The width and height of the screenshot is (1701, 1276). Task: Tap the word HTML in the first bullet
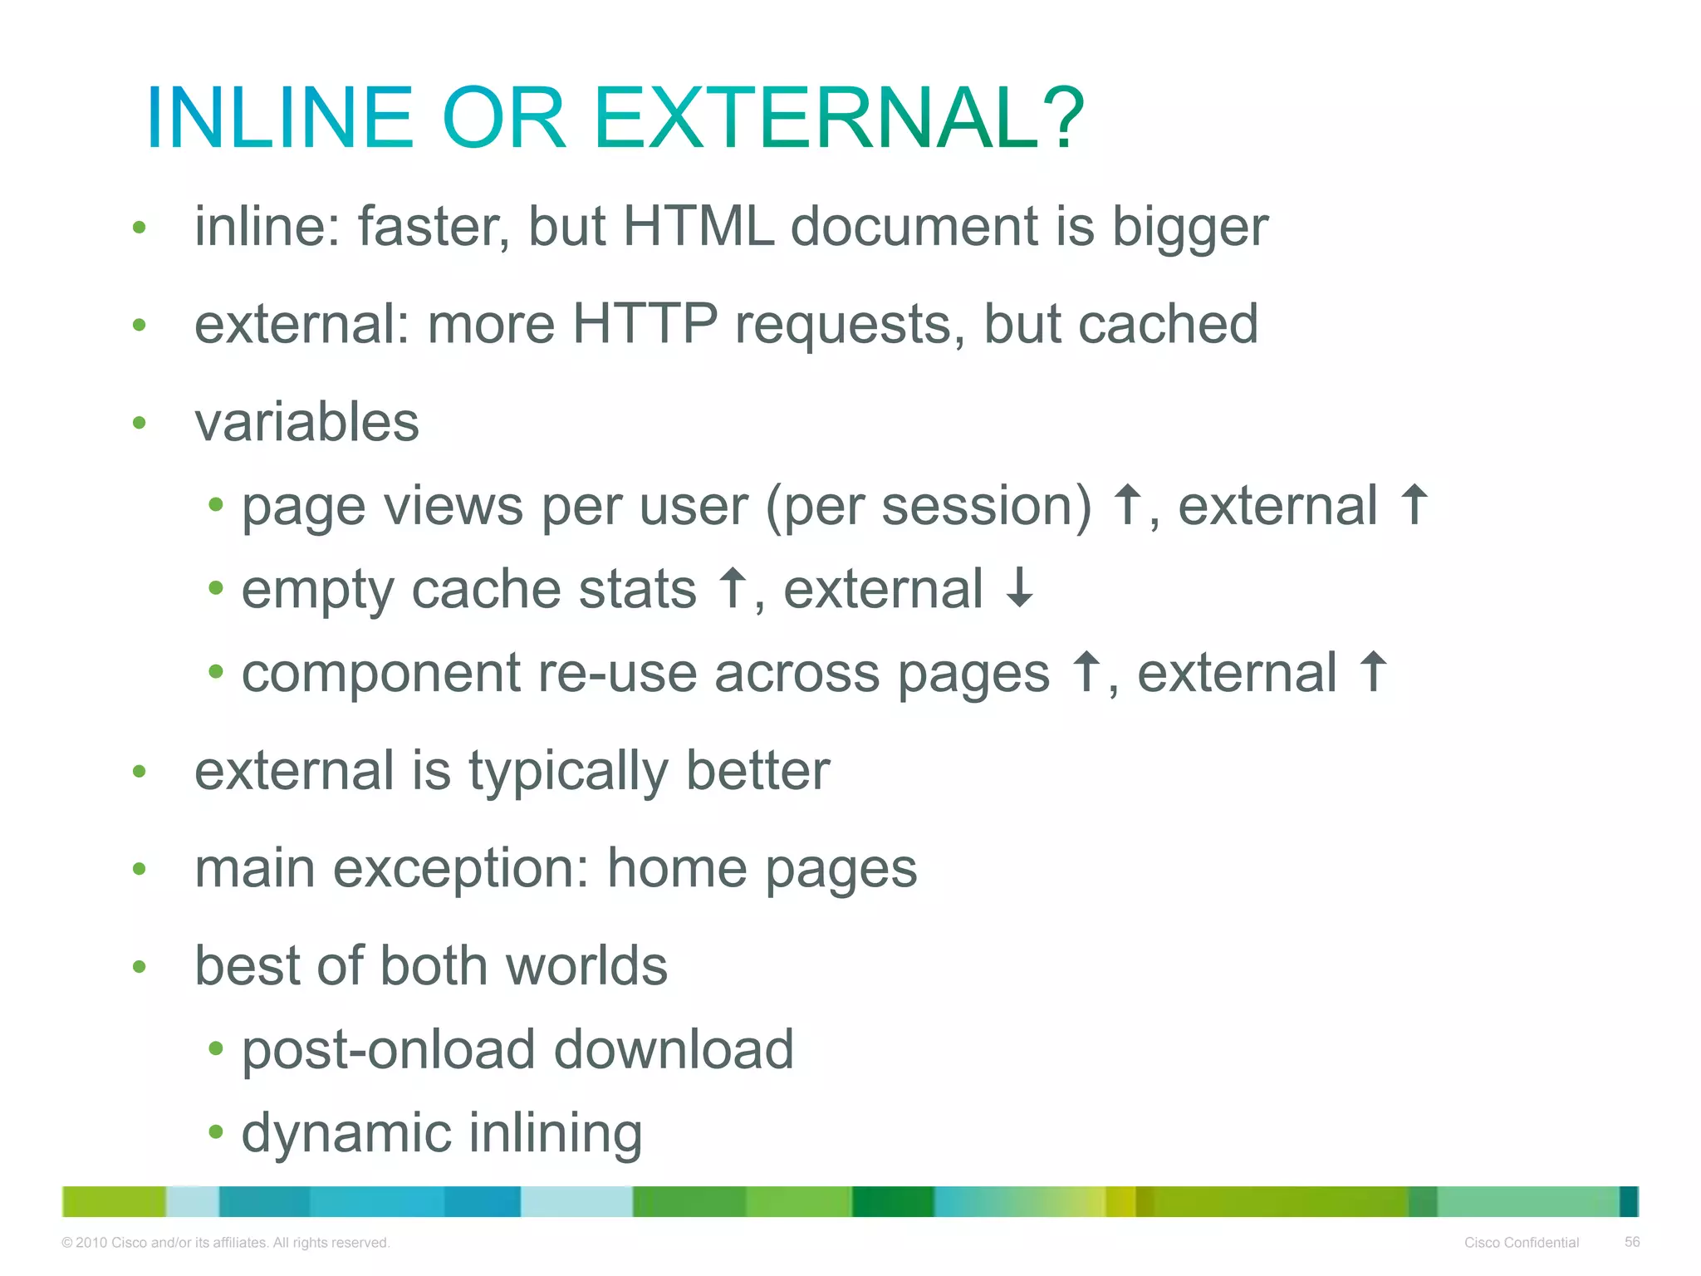pos(698,226)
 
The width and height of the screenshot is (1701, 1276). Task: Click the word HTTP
pos(645,324)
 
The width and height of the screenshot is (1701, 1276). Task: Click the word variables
pos(306,422)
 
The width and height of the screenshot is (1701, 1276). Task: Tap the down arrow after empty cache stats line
pos(1019,587)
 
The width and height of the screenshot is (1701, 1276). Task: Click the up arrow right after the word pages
pos(1085,671)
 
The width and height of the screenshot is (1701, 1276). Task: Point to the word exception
pos(460,870)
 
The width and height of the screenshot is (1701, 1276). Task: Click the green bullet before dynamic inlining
pos(216,1131)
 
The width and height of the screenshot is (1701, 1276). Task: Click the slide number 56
pos(1631,1242)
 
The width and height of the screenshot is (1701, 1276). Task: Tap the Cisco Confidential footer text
pos(1521,1243)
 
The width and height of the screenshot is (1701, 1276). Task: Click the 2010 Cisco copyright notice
pos(225,1243)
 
